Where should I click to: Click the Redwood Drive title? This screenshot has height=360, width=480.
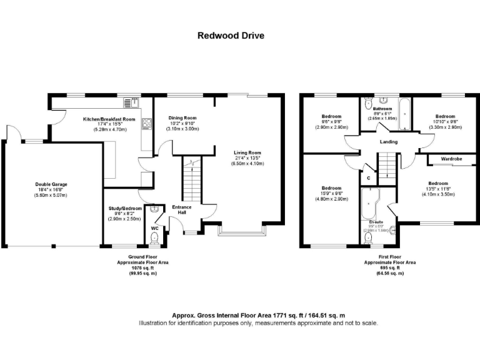click(231, 36)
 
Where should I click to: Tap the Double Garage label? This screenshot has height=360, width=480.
click(51, 184)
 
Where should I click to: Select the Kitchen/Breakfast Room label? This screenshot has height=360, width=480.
click(109, 119)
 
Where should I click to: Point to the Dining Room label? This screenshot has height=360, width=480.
click(183, 117)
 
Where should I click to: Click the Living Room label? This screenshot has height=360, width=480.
click(247, 152)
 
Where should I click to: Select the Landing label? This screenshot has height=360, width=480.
click(388, 142)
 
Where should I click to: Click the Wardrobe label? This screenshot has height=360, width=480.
click(451, 159)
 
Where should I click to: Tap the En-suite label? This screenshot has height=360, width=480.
click(376, 222)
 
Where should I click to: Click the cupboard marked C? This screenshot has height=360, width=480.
click(369, 178)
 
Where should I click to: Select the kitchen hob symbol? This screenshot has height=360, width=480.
click(147, 124)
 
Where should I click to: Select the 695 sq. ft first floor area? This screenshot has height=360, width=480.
click(390, 267)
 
